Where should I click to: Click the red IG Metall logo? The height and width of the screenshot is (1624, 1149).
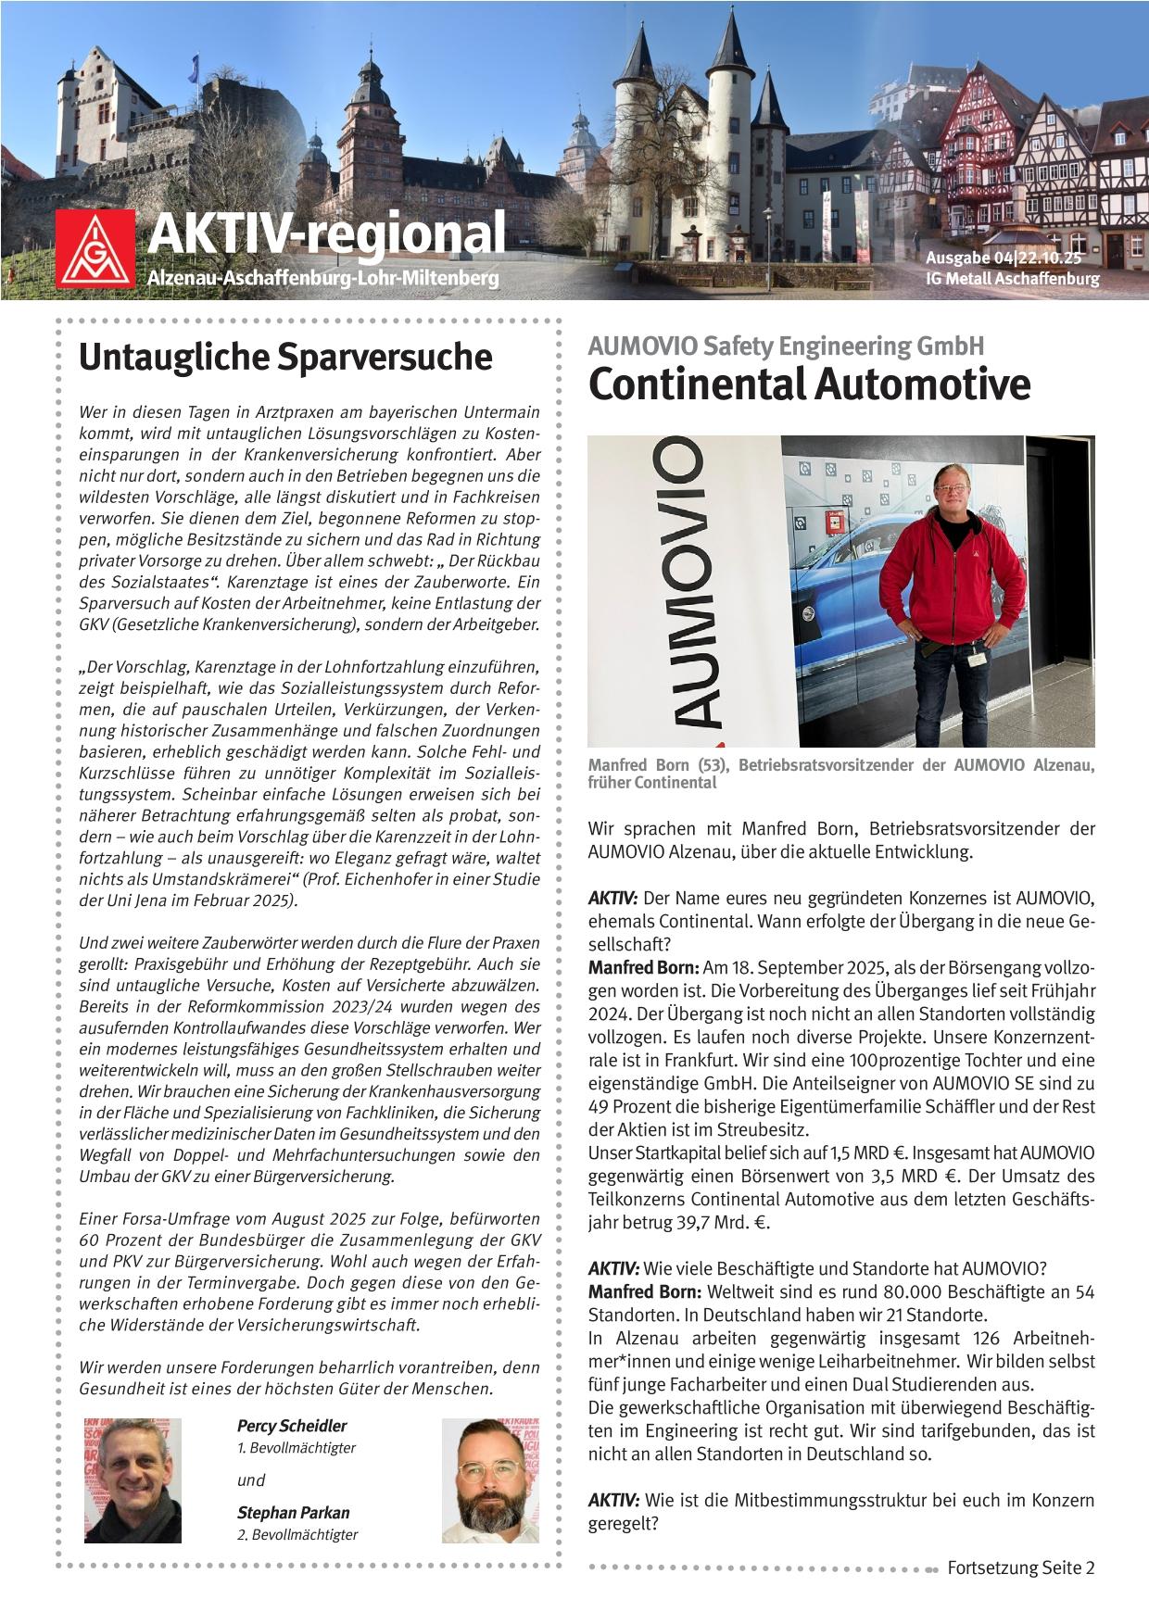96,247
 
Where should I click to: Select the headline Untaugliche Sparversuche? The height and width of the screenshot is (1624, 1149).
284,359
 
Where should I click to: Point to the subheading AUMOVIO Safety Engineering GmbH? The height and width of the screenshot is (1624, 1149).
785,346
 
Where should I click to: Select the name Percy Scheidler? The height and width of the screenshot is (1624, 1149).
292,1426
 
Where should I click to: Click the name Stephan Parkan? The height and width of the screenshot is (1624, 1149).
294,1513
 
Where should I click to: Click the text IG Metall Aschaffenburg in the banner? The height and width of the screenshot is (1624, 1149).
1012,279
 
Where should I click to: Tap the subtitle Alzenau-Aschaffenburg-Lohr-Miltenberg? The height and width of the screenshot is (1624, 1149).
323,278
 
